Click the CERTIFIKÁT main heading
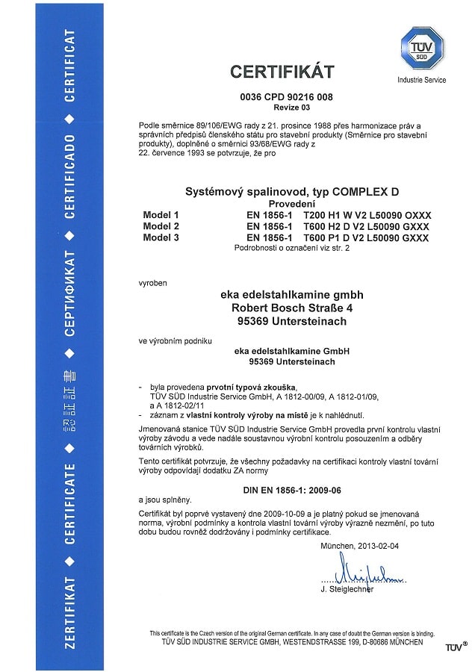[x=282, y=72]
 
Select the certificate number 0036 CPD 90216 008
[x=282, y=98]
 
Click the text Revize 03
[x=282, y=108]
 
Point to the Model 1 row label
[x=161, y=215]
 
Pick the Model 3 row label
[x=161, y=237]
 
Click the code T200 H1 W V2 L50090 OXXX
[x=367, y=215]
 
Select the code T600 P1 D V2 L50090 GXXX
[x=367, y=237]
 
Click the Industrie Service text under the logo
[x=422, y=80]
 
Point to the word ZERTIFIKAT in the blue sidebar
[x=69, y=612]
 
